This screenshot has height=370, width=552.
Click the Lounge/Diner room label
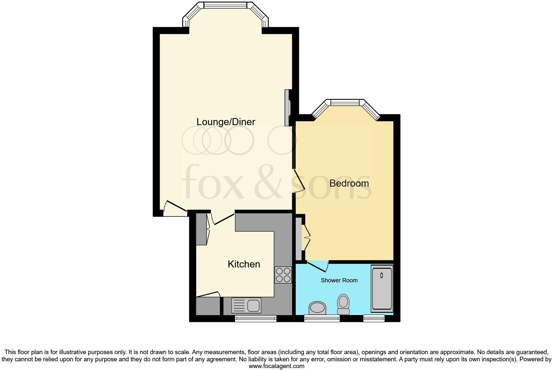tap(226, 122)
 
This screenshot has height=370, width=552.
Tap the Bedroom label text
tap(349, 183)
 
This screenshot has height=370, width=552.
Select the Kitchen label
tap(244, 264)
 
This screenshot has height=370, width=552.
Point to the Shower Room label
tap(339, 280)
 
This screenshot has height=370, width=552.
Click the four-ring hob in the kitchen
tap(283, 275)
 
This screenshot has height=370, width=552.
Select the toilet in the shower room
tap(343, 304)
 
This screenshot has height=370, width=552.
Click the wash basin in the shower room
tap(317, 308)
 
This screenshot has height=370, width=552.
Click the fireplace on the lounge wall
tap(287, 107)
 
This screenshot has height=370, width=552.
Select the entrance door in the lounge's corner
tap(175, 207)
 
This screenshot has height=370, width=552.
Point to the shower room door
tap(318, 266)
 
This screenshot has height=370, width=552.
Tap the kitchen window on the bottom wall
tap(256, 319)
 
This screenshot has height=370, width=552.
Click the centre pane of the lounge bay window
tap(225, 5)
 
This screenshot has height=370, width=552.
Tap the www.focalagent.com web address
tap(276, 366)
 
